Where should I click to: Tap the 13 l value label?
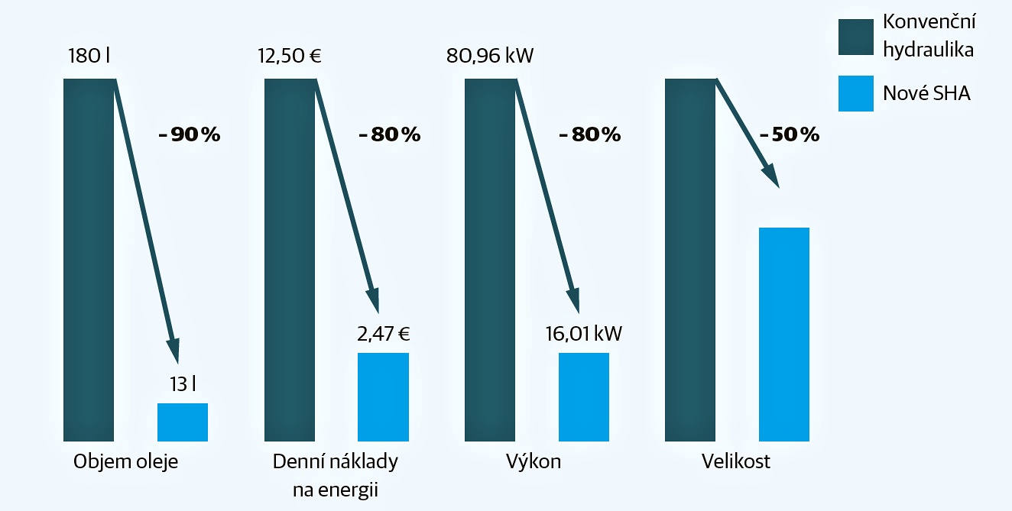[183, 384]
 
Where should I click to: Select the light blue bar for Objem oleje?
[183, 422]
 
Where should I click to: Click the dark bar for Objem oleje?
[89, 260]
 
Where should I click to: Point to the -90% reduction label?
[189, 134]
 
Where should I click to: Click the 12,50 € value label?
[289, 57]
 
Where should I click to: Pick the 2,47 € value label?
[383, 334]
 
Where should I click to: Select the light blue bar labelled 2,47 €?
[383, 396]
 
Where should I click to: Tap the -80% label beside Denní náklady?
[390, 134]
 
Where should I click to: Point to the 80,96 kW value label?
[490, 57]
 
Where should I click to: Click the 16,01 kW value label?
[584, 334]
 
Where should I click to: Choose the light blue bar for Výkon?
[584, 396]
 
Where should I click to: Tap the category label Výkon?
[533, 462]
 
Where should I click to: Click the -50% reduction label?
[790, 134]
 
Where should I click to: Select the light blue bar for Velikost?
[784, 334]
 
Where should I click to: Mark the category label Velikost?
[736, 462]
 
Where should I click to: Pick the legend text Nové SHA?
[926, 93]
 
